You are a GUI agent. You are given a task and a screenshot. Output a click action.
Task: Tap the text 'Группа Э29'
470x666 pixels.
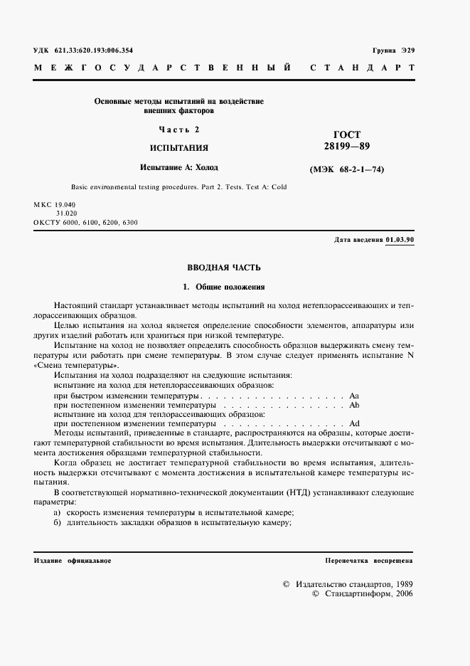[393, 51]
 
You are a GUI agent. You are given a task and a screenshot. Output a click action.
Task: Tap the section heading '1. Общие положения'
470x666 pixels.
[223, 287]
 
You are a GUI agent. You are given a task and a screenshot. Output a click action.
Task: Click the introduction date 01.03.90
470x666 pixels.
[400, 240]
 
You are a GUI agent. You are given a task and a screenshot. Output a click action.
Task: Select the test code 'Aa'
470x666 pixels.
[355, 394]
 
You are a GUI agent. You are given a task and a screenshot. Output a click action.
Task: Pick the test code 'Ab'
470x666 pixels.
[355, 404]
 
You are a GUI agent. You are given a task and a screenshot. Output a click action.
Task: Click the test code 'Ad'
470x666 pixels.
[355, 423]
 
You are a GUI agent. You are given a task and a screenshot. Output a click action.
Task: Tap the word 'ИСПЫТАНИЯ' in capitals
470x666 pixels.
[178, 148]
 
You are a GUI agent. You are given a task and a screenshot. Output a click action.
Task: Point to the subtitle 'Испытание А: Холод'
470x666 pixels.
[178, 168]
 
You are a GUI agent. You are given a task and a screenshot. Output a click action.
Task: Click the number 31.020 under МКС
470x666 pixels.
[67, 213]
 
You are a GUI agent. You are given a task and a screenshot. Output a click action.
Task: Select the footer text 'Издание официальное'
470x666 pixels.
[73, 561]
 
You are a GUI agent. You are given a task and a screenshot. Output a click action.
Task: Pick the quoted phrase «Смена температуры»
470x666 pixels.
[77, 364]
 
